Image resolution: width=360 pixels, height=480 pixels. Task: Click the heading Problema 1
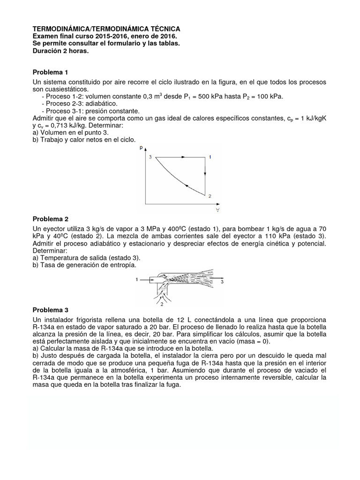[50, 72]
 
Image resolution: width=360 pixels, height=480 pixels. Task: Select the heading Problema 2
[50, 219]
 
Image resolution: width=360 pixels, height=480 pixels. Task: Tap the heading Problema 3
[50, 310]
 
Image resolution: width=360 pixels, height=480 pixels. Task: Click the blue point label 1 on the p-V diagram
[210, 157]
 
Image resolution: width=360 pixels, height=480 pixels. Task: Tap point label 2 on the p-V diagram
[210, 196]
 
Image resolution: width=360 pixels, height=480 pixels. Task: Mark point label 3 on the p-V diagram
[150, 157]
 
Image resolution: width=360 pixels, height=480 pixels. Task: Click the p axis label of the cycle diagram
[141, 148]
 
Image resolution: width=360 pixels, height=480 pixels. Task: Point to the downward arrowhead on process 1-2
[205, 175]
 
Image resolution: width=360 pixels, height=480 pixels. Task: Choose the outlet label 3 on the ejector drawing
[222, 282]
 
